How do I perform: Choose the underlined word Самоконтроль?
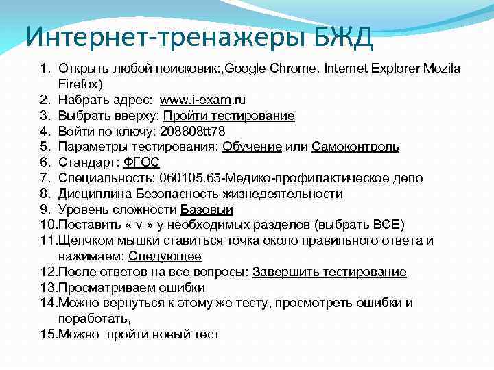[x=355, y=147]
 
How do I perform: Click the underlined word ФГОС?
[x=141, y=163]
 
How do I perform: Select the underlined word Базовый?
[x=207, y=210]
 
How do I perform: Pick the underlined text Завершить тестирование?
[x=329, y=273]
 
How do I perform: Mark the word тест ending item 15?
[x=207, y=335]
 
